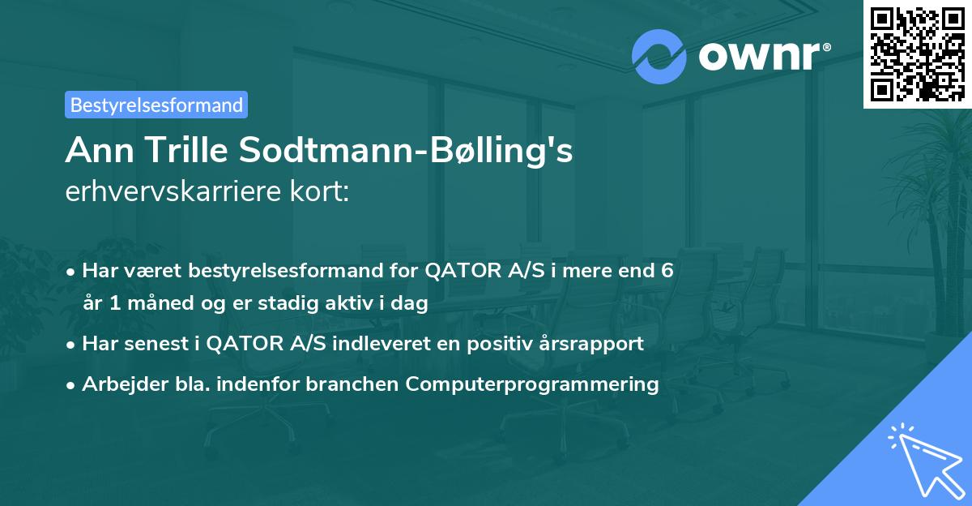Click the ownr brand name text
tap(762, 55)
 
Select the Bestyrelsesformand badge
tap(156, 105)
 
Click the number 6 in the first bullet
tap(667, 270)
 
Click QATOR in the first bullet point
tap(455, 270)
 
